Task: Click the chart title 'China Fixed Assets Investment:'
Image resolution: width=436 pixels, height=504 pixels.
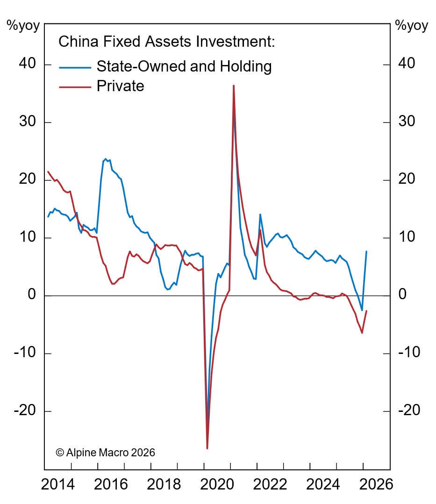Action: coord(166,42)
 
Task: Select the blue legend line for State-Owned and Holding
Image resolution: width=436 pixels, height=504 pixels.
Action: coord(75,67)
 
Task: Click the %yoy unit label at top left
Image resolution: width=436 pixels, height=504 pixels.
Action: coord(23,26)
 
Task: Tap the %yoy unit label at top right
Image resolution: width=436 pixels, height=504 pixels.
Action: coord(411,26)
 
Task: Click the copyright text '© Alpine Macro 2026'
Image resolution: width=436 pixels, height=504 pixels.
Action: coord(105,453)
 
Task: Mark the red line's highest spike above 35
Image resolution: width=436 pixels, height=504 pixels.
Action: coord(233,86)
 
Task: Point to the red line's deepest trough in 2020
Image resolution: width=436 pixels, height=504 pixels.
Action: coord(207,448)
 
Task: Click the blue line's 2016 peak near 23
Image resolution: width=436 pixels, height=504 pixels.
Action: coord(106,159)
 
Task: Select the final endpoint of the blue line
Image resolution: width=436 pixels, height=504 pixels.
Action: coord(366,252)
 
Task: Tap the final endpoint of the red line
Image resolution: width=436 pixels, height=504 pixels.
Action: coord(366,311)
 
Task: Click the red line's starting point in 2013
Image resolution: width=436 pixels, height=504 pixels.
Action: coord(48,172)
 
